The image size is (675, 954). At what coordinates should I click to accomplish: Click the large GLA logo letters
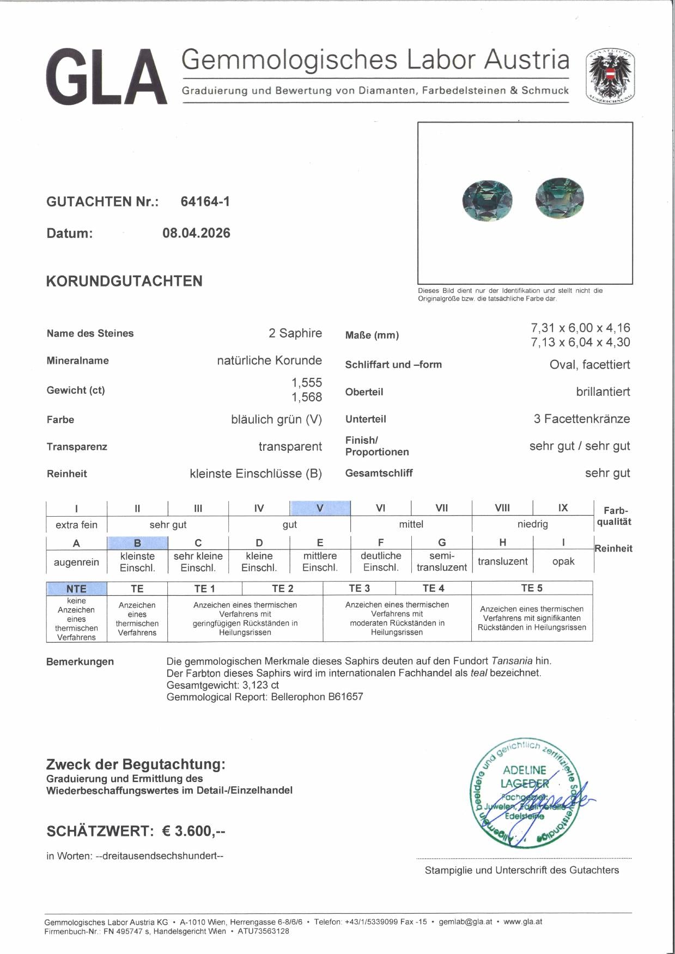pyautogui.click(x=106, y=77)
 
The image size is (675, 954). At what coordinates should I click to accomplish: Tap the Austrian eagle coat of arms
pyautogui.click(x=610, y=76)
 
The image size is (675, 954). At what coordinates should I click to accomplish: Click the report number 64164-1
pyautogui.click(x=205, y=202)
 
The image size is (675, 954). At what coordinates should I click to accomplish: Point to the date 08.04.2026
pyautogui.click(x=196, y=234)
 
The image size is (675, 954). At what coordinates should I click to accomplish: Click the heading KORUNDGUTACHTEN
pyautogui.click(x=124, y=282)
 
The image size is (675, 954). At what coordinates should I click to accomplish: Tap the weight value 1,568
pyautogui.click(x=306, y=397)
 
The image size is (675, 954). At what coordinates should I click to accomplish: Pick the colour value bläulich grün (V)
pyautogui.click(x=276, y=420)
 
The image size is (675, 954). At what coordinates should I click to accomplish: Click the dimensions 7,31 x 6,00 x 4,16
pyautogui.click(x=580, y=328)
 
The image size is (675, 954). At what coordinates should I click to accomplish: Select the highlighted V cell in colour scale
pyautogui.click(x=320, y=508)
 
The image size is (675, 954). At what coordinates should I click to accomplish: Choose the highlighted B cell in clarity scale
pyautogui.click(x=137, y=543)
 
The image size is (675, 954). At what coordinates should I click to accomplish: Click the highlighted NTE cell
pyautogui.click(x=76, y=589)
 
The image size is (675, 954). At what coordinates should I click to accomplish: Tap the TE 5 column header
pyautogui.click(x=531, y=588)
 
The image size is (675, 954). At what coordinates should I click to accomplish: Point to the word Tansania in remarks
pyautogui.click(x=512, y=661)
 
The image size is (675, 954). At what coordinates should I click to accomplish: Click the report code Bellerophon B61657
pyautogui.click(x=317, y=696)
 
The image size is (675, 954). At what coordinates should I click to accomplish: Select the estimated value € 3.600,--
pyautogui.click(x=194, y=831)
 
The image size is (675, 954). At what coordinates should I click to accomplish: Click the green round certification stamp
pyautogui.click(x=524, y=794)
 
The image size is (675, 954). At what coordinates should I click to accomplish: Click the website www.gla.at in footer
pyautogui.click(x=522, y=922)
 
